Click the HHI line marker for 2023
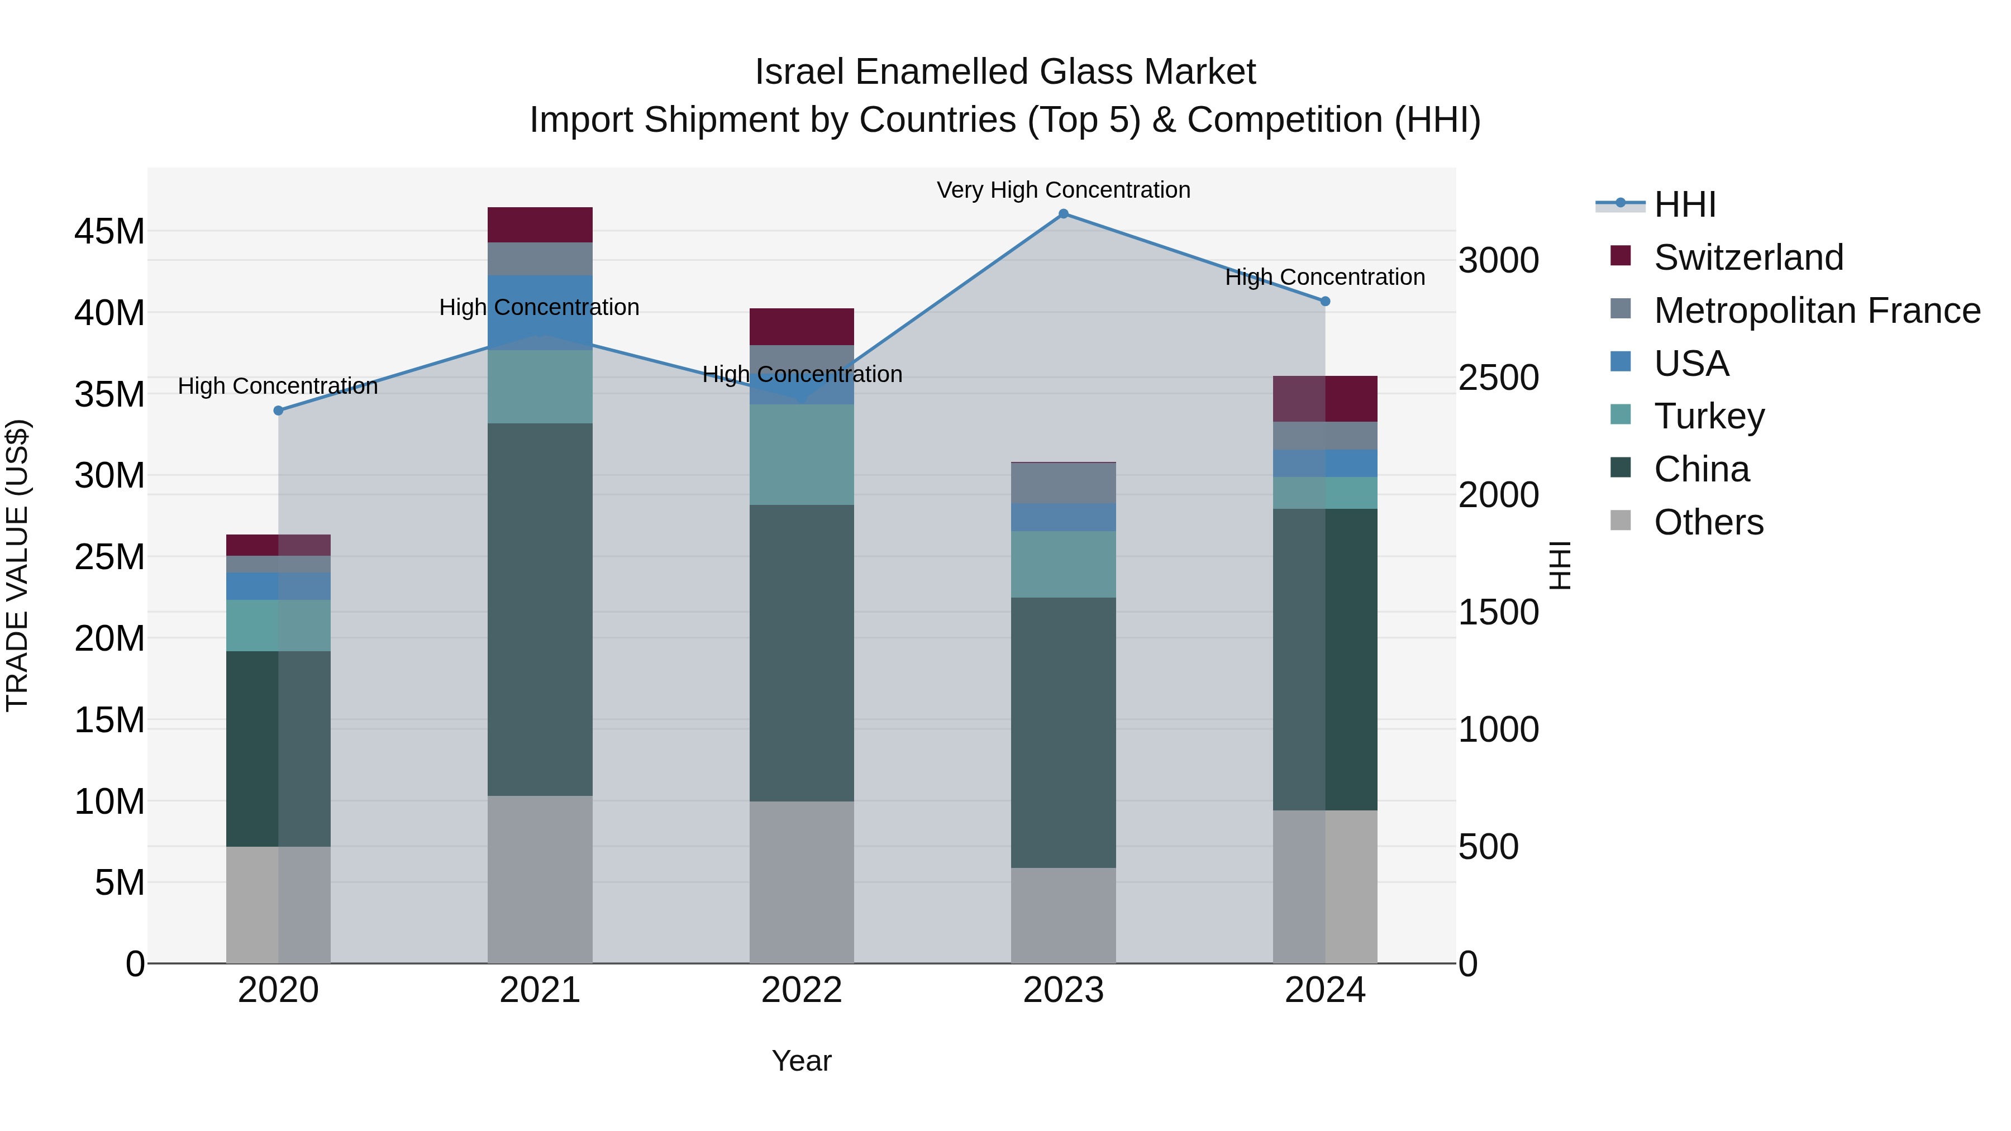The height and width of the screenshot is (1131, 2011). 1063,213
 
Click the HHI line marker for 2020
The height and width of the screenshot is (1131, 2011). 279,411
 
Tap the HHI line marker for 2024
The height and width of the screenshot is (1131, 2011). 1325,301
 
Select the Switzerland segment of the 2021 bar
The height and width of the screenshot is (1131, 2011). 540,225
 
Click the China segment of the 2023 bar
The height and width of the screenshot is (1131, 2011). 1063,732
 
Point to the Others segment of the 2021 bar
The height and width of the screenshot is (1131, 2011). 540,879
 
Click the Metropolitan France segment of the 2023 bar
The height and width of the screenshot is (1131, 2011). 1063,483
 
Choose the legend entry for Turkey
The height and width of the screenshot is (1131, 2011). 1709,416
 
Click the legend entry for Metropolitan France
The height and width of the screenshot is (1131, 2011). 1817,311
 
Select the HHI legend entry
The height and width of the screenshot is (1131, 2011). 1685,204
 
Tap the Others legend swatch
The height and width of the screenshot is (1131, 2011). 1621,521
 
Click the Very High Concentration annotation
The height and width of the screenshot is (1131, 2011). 1063,190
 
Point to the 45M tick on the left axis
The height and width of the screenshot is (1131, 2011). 110,232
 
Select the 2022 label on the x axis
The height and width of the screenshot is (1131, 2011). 802,990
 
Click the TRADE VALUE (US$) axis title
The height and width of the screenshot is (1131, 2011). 17,565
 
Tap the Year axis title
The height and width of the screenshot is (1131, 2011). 802,1061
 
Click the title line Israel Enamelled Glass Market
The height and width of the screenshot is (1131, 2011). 1005,72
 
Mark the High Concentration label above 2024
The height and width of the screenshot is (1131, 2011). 1325,277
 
